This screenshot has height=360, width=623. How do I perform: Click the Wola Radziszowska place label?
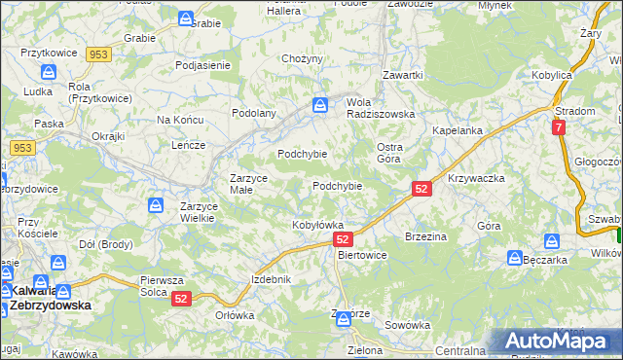click(x=382, y=106)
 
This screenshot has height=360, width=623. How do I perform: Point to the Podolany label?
click(x=253, y=113)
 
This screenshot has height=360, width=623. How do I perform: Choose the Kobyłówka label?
click(x=318, y=225)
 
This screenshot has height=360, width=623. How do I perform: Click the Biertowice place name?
click(x=361, y=255)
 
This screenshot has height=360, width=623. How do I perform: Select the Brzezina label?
click(x=425, y=236)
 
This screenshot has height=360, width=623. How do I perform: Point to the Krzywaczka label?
click(x=476, y=179)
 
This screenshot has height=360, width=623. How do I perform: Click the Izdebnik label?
click(x=272, y=279)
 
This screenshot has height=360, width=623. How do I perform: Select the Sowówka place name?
click(x=407, y=325)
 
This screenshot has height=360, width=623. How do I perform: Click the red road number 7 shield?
click(x=558, y=127)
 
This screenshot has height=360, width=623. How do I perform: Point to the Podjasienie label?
click(x=202, y=65)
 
